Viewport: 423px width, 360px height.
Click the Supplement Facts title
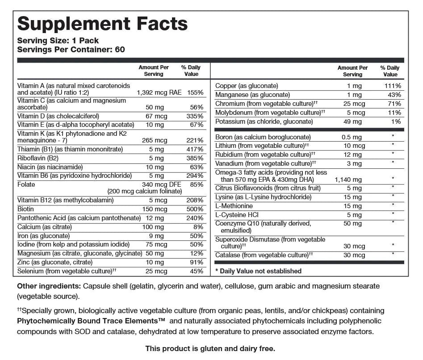click(102, 23)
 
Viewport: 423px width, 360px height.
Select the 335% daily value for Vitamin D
click(195, 116)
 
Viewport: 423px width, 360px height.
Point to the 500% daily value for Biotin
click(195, 209)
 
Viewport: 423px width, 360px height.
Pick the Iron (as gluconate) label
click(43, 236)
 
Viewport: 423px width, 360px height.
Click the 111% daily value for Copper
click(393, 86)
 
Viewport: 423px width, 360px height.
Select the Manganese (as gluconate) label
click(252, 95)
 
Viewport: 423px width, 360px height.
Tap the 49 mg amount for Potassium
click(353, 121)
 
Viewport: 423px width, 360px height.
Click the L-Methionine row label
click(234, 206)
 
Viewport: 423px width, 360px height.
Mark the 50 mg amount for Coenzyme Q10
click(353, 223)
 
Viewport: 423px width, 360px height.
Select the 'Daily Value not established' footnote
click(258, 271)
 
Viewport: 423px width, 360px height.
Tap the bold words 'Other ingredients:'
click(48, 286)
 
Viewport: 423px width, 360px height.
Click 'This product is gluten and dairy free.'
click(210, 348)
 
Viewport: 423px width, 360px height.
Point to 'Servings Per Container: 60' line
click(71, 49)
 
